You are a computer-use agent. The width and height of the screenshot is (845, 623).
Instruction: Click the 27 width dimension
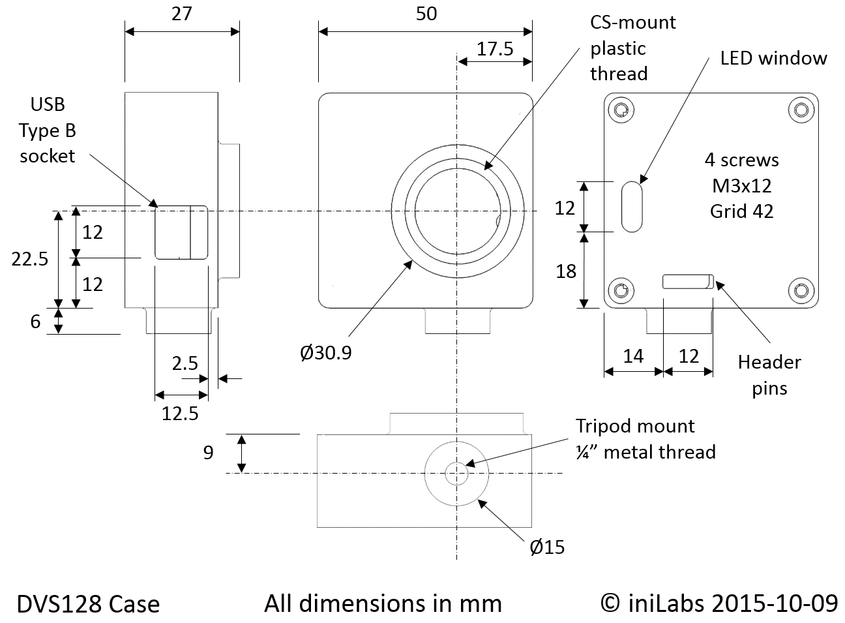point(181,14)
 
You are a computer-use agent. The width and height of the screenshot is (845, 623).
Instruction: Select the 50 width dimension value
point(426,14)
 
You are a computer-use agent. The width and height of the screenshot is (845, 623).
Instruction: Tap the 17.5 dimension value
point(495,49)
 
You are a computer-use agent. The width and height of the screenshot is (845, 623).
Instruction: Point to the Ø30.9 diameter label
point(326,353)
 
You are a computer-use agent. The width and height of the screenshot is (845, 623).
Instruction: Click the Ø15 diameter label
point(547,547)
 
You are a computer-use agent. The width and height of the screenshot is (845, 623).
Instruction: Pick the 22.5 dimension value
point(30,259)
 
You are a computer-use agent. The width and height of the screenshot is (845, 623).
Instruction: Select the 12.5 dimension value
point(180,413)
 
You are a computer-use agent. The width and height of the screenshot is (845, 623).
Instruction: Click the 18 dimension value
point(566,271)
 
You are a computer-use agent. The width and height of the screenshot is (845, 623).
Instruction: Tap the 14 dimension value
point(633,356)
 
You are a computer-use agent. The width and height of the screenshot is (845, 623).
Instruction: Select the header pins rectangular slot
point(687,282)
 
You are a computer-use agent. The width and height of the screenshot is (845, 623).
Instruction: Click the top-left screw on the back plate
point(621,110)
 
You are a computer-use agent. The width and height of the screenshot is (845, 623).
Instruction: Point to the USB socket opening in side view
point(181,232)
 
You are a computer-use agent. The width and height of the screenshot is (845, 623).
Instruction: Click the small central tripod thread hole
point(456,474)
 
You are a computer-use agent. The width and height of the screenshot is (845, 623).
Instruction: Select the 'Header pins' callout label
point(769,375)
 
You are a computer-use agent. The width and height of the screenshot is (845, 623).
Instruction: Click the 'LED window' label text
point(773,58)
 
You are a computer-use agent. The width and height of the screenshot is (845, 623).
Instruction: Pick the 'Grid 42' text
point(741,211)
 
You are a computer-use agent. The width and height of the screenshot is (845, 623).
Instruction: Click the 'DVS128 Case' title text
point(88,604)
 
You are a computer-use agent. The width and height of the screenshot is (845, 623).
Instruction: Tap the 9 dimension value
point(208,453)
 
